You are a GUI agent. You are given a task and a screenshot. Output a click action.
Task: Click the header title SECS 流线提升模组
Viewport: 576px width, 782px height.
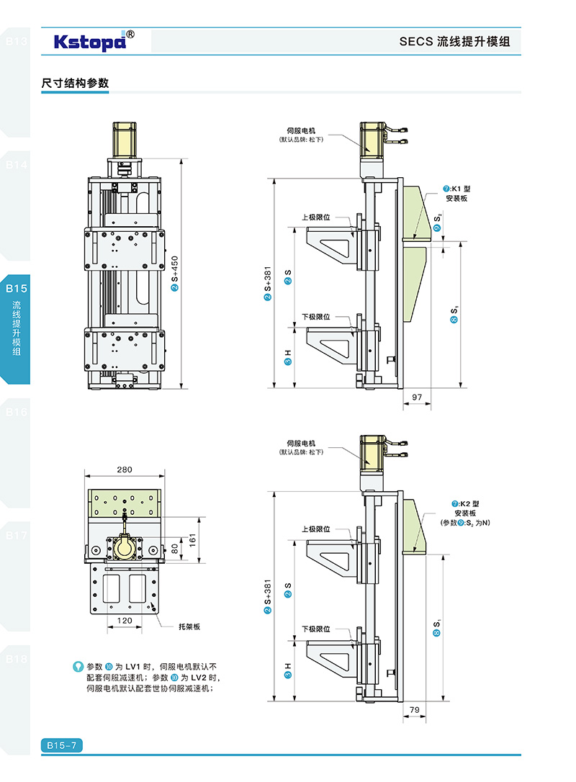click(454, 42)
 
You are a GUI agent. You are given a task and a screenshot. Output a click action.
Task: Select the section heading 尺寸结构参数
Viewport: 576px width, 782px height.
click(75, 84)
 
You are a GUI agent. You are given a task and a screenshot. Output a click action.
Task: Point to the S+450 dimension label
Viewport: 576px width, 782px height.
click(175, 273)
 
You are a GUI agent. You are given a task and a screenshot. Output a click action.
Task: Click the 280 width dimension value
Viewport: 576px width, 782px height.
click(124, 469)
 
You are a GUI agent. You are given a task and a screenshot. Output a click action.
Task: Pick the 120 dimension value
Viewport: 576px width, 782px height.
click(125, 619)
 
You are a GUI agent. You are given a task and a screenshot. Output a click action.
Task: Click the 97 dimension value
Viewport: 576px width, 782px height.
click(417, 397)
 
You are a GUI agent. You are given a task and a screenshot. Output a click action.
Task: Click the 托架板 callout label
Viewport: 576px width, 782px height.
click(189, 626)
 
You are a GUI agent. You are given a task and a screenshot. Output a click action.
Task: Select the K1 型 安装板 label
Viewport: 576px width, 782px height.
click(456, 193)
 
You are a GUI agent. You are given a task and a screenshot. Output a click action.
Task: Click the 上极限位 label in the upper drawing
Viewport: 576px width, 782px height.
click(315, 217)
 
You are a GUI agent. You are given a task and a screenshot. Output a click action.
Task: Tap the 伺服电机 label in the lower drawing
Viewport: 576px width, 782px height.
click(301, 444)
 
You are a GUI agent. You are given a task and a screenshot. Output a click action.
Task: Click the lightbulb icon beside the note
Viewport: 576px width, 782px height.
click(78, 666)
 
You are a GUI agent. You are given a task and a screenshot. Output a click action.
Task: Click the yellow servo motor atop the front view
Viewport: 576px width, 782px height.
click(125, 140)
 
